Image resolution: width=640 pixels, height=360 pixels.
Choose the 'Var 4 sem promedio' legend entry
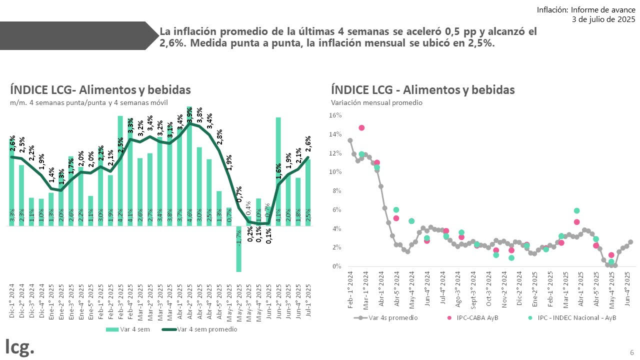pyautogui.click(x=200, y=329)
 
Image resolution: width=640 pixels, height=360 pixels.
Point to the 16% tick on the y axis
pyautogui.click(x=335, y=115)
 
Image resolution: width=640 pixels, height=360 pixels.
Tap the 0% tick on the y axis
pyautogui.click(x=336, y=266)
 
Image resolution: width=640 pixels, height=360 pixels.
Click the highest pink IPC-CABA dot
pyautogui.click(x=361, y=128)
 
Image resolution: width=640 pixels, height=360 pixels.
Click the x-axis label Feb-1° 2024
pyautogui.click(x=350, y=289)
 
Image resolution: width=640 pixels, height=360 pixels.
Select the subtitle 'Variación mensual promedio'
pyautogui.click(x=376, y=103)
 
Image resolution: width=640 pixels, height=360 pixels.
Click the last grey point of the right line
pyautogui.click(x=630, y=242)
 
